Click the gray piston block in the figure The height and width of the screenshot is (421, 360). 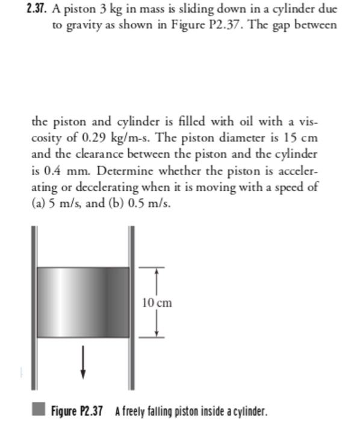(x=82, y=302)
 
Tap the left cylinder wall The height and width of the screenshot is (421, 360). (x=34, y=301)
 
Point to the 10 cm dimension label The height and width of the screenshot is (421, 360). (x=157, y=303)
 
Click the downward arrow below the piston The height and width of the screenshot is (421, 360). (x=82, y=364)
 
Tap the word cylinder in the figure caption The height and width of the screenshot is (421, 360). (x=246, y=411)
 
